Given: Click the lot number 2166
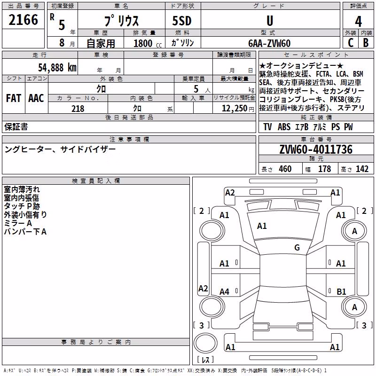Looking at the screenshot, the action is click(23, 20).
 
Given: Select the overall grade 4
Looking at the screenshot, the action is click(358, 22).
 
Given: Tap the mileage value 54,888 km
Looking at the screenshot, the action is click(57, 68).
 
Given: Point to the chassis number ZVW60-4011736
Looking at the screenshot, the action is click(316, 149).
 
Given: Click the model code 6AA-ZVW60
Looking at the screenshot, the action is click(269, 43).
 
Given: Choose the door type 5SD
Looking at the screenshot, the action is click(182, 21).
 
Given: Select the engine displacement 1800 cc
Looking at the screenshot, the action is click(148, 43).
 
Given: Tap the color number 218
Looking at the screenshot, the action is click(78, 109).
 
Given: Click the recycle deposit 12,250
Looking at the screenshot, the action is click(235, 109).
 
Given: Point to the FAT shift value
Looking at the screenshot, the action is click(14, 98).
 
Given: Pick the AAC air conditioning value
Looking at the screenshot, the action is click(36, 98).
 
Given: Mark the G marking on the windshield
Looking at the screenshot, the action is click(297, 247).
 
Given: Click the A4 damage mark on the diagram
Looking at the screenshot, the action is click(225, 291).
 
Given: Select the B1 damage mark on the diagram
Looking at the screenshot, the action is click(341, 291).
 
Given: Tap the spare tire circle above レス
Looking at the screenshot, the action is click(205, 343).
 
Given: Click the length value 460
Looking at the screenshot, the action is click(285, 169).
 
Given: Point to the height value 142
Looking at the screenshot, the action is click(362, 169).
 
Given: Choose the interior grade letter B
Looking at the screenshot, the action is click(366, 43).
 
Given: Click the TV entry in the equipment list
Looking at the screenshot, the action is click(267, 127).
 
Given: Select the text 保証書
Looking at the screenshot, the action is click(16, 127).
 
